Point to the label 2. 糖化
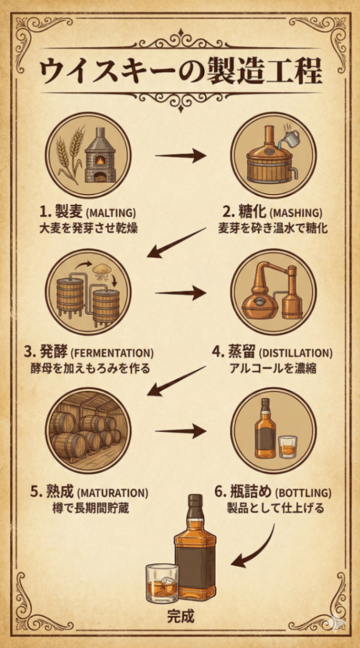(245, 213)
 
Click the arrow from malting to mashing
(180, 155)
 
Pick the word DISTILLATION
(299, 353)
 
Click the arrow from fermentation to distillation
(180, 294)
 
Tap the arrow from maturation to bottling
(180, 431)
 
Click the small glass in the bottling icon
(288, 447)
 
